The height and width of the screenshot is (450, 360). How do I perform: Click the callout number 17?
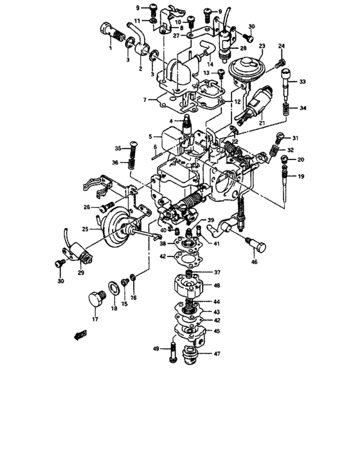[x=94, y=319]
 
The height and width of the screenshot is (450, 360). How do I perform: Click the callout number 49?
[x=156, y=348]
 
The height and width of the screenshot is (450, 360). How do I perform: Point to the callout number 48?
[x=217, y=285]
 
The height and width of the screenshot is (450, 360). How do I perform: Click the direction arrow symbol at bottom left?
[x=80, y=334]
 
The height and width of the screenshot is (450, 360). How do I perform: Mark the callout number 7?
[x=146, y=100]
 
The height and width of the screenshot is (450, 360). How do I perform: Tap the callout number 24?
[x=282, y=46]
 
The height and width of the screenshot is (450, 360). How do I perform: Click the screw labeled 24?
[x=280, y=62]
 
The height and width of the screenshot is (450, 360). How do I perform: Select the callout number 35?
[x=118, y=148]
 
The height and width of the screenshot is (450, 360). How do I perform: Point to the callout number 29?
[x=80, y=273]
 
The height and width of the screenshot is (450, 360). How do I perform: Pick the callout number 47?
[x=217, y=354]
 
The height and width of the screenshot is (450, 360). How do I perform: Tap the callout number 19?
[x=300, y=175]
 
